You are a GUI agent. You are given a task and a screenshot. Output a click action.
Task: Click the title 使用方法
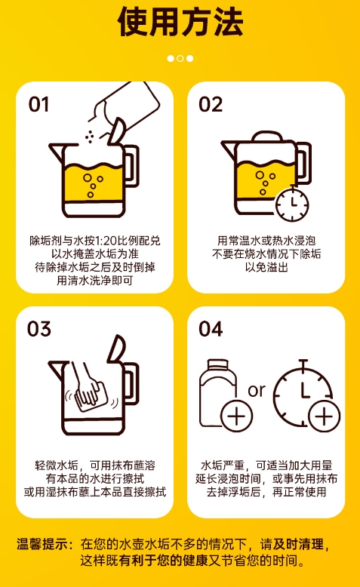point(180,23)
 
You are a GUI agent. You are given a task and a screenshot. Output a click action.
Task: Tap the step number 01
point(39,104)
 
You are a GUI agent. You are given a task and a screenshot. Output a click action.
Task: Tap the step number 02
point(211,104)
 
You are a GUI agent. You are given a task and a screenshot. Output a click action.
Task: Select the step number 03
point(39,329)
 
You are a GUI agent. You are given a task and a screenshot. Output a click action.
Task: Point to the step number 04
point(211,329)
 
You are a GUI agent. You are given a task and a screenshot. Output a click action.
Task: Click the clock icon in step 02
point(292,204)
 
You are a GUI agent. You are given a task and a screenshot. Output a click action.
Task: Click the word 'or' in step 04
point(257,390)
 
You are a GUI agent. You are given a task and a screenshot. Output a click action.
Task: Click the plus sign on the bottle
point(236,415)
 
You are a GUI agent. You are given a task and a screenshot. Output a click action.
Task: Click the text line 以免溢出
point(266,267)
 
